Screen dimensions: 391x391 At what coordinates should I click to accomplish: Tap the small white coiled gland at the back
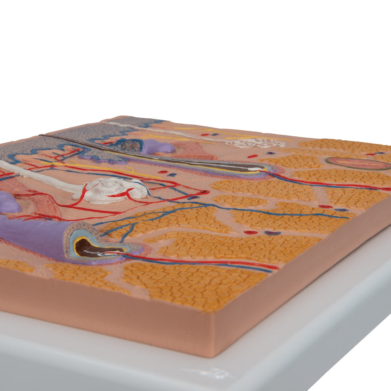[x=256, y=142]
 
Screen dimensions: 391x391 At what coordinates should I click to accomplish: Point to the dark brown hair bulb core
[x=87, y=247]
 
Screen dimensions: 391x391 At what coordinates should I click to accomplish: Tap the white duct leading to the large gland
[x=40, y=176]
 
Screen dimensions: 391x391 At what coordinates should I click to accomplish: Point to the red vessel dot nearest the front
[x=251, y=232]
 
